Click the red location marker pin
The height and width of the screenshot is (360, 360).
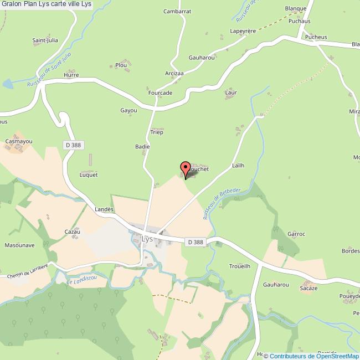pos(186,169)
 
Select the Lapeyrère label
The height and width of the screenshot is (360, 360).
pos(243,32)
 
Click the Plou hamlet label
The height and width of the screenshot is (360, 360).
pos(121,65)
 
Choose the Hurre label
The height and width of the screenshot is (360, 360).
pos(71,75)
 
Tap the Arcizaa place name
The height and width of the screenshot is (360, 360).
pos(174,73)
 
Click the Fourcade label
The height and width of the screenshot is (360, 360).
pos(160,93)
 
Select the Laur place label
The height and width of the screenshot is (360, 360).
pos(231,93)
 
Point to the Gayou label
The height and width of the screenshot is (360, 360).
pos(128,111)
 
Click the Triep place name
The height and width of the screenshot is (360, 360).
pos(157,132)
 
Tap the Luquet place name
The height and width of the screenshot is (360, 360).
pos(89,174)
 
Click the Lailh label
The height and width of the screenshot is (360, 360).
pos(238,166)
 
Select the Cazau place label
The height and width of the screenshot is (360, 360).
pos(73,232)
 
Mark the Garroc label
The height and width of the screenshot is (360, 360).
pos(296,234)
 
